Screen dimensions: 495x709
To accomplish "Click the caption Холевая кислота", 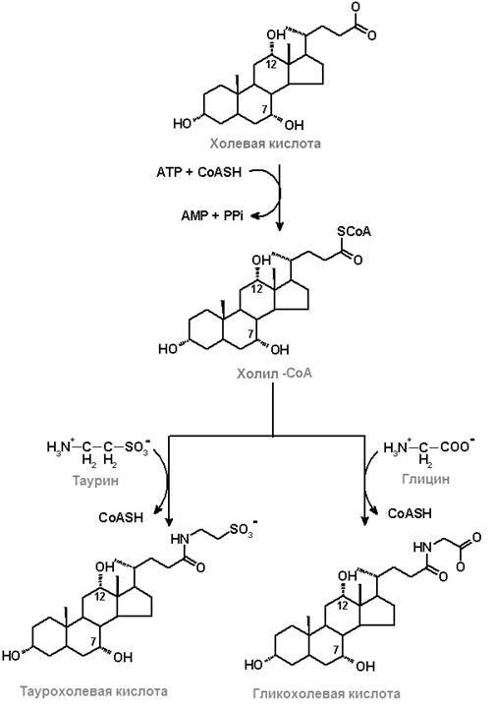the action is coord(265,144).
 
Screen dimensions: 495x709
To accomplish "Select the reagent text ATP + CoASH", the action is coord(199,172).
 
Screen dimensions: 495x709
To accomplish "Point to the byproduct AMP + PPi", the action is coord(212,215).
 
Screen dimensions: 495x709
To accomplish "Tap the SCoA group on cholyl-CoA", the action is coord(354,231).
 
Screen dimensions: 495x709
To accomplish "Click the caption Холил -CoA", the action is coord(275,374).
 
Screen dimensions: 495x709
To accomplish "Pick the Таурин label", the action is coord(95,480).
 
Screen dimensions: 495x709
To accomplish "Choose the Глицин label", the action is coord(425,479).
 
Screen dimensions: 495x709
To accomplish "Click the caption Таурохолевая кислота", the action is coord(93,691).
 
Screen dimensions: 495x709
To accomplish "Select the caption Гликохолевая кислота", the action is coord(326,693).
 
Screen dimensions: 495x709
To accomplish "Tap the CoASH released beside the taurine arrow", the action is coord(121,517).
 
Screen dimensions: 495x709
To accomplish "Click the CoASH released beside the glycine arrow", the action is coord(410,513).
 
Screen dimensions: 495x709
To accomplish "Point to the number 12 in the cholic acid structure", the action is coord(270,64).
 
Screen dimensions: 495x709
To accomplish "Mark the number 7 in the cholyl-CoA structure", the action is coord(250,333).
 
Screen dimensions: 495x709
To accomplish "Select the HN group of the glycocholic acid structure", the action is coord(422,547).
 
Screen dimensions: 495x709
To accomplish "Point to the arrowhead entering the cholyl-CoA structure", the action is coord(280,226).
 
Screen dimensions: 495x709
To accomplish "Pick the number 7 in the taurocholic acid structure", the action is coord(93,641).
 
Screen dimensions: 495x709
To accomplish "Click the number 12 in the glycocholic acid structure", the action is coord(343,605).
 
